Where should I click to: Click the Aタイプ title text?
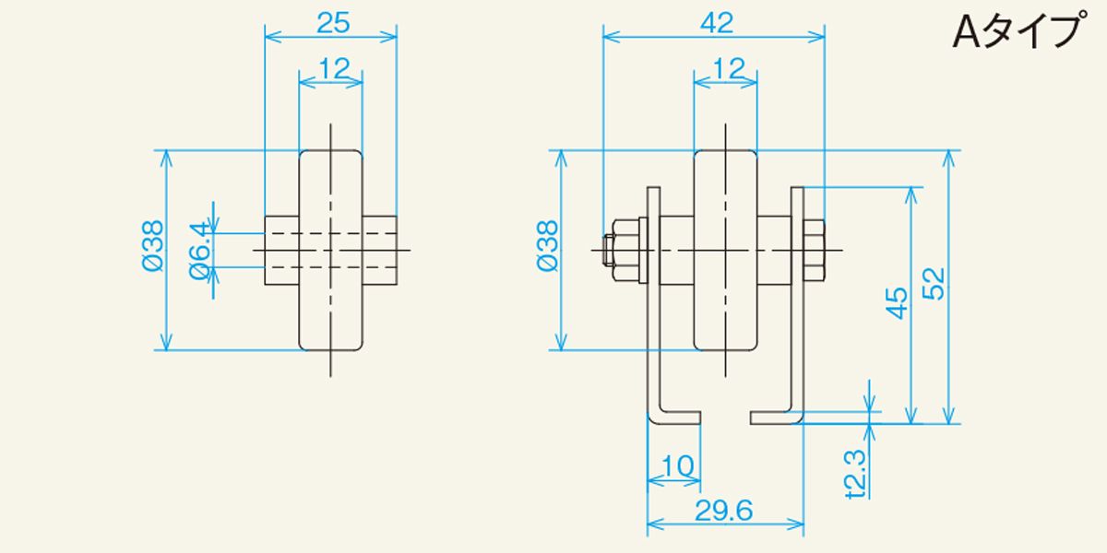[1019, 30]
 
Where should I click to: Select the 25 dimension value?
[333, 23]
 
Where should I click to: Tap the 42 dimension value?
[717, 23]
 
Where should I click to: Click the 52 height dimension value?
[934, 284]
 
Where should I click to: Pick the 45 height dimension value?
[897, 302]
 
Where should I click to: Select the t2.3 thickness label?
[856, 474]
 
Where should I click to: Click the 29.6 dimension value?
[724, 511]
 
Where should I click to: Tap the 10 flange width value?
[677, 465]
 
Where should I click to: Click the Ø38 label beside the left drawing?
[153, 246]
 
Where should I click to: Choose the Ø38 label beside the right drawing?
[547, 246]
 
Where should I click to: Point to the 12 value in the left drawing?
[335, 68]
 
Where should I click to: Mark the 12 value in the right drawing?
[729, 68]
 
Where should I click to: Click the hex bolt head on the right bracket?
[814, 251]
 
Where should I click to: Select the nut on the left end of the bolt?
[625, 251]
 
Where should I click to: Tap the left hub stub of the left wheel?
[281, 251]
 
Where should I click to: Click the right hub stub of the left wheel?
[379, 251]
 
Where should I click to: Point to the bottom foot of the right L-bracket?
[776, 418]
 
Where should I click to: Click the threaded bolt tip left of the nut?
[608, 251]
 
